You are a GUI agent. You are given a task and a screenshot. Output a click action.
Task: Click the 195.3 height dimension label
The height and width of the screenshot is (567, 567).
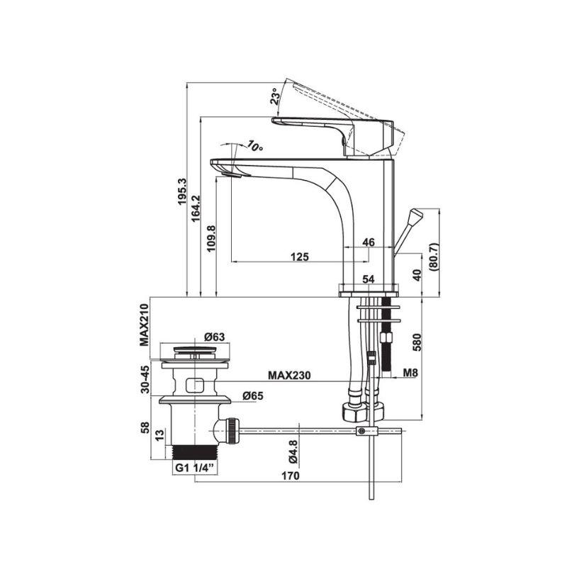tap(181, 191)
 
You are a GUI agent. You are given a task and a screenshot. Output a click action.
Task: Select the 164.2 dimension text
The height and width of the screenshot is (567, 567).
tap(196, 208)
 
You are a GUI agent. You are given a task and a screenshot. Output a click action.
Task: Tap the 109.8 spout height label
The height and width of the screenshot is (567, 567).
tap(211, 239)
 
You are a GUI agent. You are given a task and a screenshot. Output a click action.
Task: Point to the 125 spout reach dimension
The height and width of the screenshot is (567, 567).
tap(300, 257)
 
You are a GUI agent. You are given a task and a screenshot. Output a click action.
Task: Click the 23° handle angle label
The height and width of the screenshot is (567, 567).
tap(275, 96)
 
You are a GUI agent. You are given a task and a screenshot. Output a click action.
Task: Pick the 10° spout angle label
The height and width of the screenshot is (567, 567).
tap(255, 146)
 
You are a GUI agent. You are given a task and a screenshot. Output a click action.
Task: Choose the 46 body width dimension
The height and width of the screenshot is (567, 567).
tap(369, 242)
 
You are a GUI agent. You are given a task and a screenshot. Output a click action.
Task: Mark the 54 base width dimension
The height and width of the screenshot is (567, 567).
tap(369, 279)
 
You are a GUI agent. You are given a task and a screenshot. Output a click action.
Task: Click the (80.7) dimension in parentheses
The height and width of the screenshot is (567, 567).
tap(434, 257)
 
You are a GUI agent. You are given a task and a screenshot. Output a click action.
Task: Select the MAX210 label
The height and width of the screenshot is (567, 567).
tap(145, 325)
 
